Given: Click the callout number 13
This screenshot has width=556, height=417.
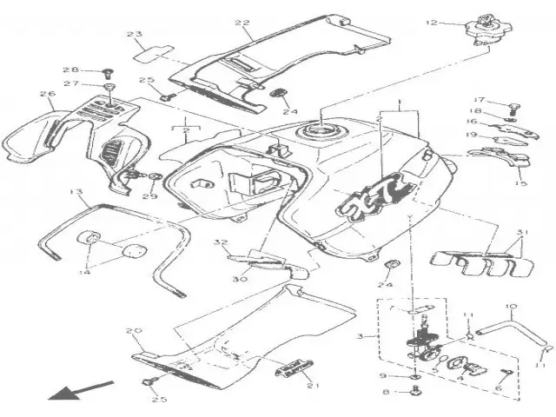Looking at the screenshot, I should (76, 192).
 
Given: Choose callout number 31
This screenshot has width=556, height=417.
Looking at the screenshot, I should (521, 232).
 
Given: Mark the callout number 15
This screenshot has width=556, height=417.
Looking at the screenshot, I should (521, 183).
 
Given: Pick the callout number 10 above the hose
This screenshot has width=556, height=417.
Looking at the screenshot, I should (510, 307).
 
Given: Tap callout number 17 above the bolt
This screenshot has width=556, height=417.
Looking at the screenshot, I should (479, 100).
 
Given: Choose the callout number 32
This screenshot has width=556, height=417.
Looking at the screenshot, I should (221, 243).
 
